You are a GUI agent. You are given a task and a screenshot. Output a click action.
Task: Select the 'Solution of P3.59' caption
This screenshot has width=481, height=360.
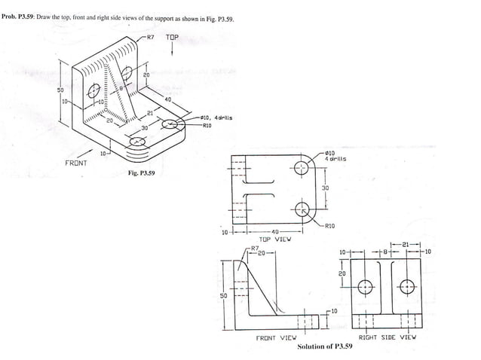(x=325, y=346)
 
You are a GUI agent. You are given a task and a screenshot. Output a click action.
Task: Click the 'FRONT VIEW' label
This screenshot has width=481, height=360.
(x=277, y=338)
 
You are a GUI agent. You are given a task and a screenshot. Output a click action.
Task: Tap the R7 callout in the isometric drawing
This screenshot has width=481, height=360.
(x=150, y=36)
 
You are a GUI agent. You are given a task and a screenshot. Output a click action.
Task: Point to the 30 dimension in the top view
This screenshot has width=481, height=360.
(x=326, y=188)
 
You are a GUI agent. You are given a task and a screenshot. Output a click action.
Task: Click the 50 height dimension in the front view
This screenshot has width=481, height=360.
(x=223, y=295)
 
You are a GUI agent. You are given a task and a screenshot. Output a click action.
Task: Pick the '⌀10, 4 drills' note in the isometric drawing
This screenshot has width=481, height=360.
(x=217, y=117)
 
